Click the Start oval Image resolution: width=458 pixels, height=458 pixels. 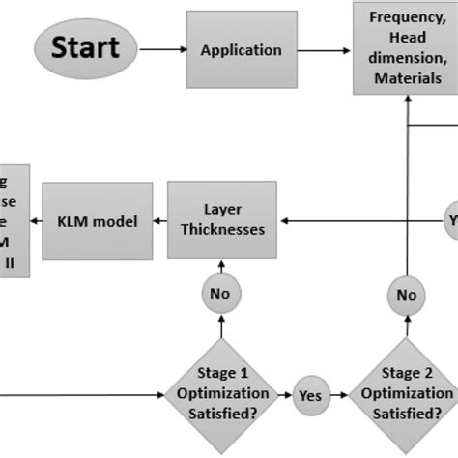86,47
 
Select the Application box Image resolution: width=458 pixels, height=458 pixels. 241,49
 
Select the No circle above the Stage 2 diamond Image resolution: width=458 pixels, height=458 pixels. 406,295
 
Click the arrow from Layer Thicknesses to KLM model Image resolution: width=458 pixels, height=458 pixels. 160,221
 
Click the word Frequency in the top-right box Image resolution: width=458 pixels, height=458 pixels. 406,16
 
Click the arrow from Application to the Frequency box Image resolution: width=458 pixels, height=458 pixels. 324,49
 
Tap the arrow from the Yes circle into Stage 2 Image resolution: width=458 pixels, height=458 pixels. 341,394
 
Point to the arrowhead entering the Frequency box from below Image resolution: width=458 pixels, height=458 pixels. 406,100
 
